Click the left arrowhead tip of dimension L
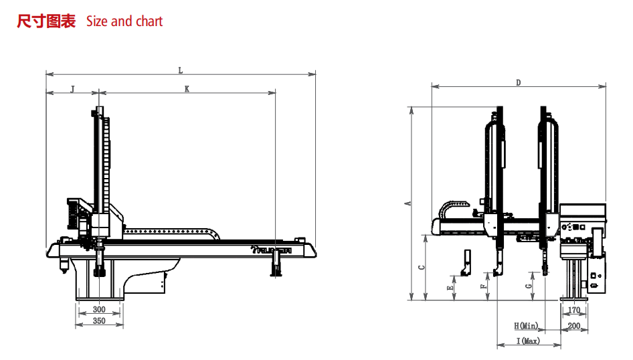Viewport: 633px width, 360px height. click(x=46, y=74)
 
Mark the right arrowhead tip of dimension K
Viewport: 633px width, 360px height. click(x=275, y=92)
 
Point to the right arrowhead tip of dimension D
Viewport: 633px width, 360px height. click(x=606, y=86)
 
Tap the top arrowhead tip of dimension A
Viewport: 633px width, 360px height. click(x=412, y=107)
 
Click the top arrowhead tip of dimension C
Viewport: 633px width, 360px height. click(x=426, y=235)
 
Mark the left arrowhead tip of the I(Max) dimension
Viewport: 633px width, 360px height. click(x=497, y=345)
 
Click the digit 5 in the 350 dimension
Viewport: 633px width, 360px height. click(x=99, y=321)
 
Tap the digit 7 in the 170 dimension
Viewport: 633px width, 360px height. click(x=574, y=310)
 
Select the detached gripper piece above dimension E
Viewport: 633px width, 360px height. click(x=466, y=263)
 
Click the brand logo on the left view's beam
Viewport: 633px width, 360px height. click(x=271, y=251)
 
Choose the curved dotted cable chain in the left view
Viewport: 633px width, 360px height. click(x=171, y=232)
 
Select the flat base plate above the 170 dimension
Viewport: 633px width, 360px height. click(x=573, y=299)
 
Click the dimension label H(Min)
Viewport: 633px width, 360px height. click(x=526, y=326)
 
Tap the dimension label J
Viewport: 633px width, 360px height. click(x=73, y=89)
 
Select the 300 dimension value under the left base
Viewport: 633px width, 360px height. click(x=99, y=310)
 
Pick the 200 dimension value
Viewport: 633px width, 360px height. click(x=574, y=326)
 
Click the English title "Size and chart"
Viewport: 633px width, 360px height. click(x=124, y=21)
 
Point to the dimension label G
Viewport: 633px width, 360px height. click(x=529, y=286)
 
